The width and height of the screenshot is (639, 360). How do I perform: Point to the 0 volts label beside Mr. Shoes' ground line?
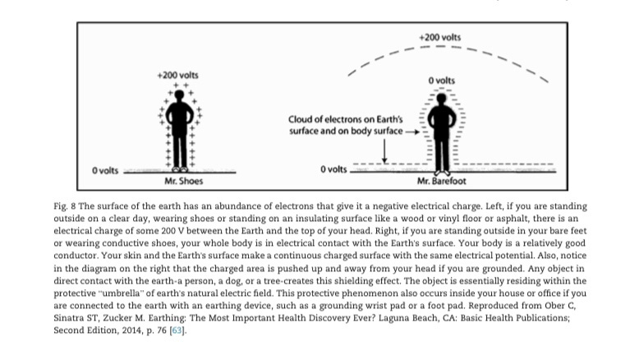pyautogui.click(x=105, y=170)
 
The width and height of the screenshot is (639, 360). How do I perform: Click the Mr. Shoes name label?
pyautogui.click(x=183, y=180)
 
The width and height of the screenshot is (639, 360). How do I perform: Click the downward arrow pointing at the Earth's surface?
pyautogui.click(x=384, y=150)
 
